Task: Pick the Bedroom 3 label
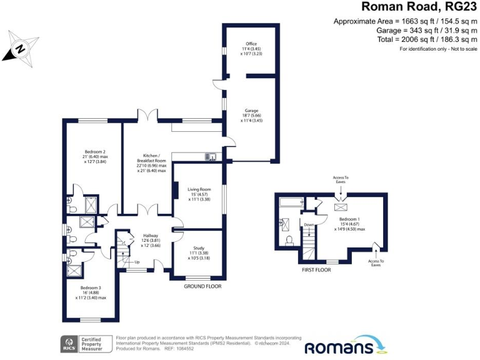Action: tap(91, 287)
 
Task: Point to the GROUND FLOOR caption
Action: tap(202, 286)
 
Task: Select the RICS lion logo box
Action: tap(67, 343)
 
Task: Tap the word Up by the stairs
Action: tap(137, 261)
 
